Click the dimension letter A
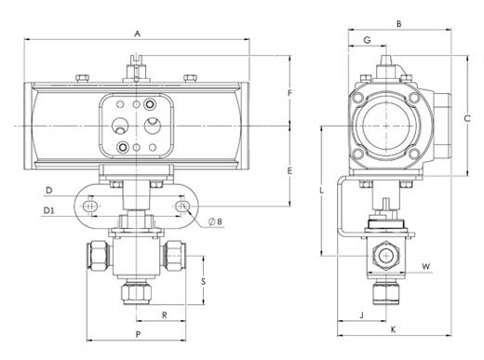[x=137, y=33]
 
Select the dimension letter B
[x=399, y=23]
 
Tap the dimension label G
[x=367, y=40]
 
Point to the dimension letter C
[x=467, y=118]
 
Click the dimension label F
[x=289, y=93]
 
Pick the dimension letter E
[x=289, y=170]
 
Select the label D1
[x=48, y=210]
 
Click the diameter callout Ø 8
[x=216, y=221]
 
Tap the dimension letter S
[x=203, y=282]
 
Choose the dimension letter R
[x=165, y=315]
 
